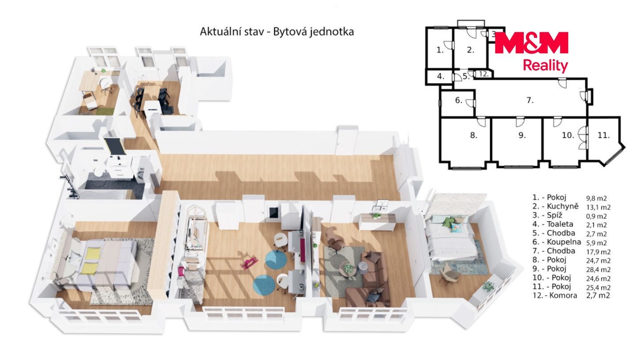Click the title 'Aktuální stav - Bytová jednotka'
pos(277,32)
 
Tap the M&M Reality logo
pos(531,51)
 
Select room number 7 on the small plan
pos(530,100)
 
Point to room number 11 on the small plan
pos(604,135)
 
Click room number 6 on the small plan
pos(458,100)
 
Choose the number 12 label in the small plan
pos(484,74)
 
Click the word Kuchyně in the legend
pos(563,206)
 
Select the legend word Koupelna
pos(564,242)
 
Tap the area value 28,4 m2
pos(598,269)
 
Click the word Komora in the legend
pos(563,296)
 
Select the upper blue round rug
pos(276,259)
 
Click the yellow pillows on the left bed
pos(91,261)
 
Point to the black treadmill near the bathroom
pos(114,147)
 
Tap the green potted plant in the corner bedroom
pos(488,286)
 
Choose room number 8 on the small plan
pos(474,135)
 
